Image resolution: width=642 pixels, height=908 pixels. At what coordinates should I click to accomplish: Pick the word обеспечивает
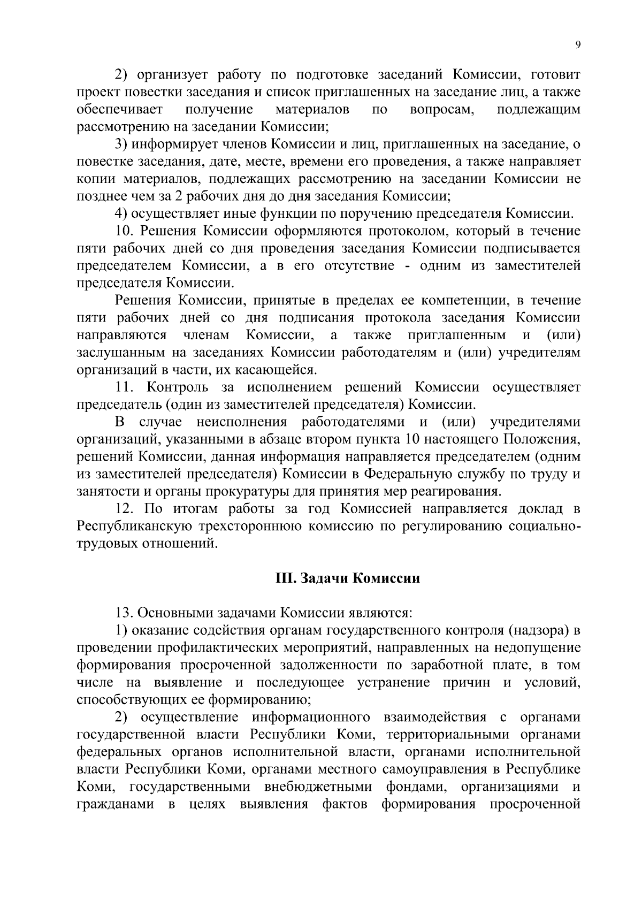click(119, 110)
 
